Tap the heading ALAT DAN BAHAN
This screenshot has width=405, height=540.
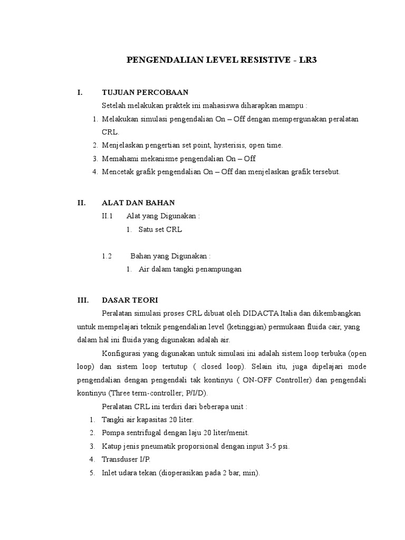138,202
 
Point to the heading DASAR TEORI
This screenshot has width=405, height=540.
130,300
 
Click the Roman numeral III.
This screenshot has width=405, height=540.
83,300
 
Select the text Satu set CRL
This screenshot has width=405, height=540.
160,230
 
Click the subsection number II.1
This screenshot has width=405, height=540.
108,216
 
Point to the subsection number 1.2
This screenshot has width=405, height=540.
107,256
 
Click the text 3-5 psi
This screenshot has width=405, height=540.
278,446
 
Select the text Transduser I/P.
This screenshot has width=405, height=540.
126,459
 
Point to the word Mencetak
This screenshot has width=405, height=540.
118,171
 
